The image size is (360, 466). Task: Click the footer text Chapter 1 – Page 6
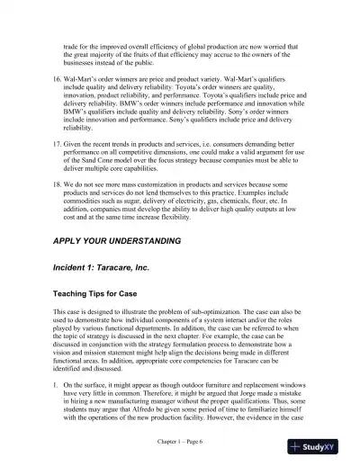(180, 441)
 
